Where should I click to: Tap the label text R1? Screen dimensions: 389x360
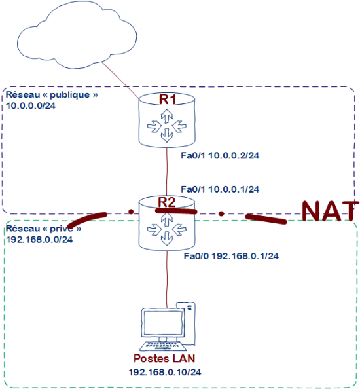168,100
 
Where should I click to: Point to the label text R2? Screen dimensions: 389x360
168,202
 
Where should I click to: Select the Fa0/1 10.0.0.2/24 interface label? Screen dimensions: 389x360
220,156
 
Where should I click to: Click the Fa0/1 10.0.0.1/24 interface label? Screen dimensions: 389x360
220,189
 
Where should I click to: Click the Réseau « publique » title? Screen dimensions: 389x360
52,95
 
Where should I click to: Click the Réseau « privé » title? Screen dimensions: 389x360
43,229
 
